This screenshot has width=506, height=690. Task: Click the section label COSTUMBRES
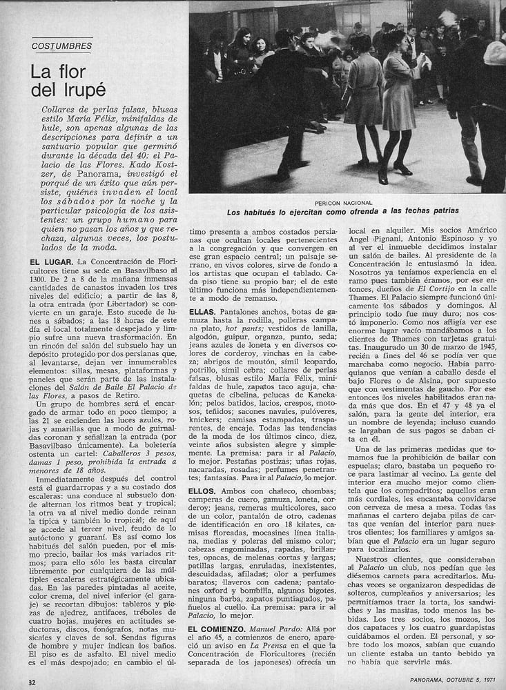(62, 46)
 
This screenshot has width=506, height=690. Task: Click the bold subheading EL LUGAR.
(52, 262)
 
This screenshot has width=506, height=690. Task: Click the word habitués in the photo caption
(259, 213)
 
